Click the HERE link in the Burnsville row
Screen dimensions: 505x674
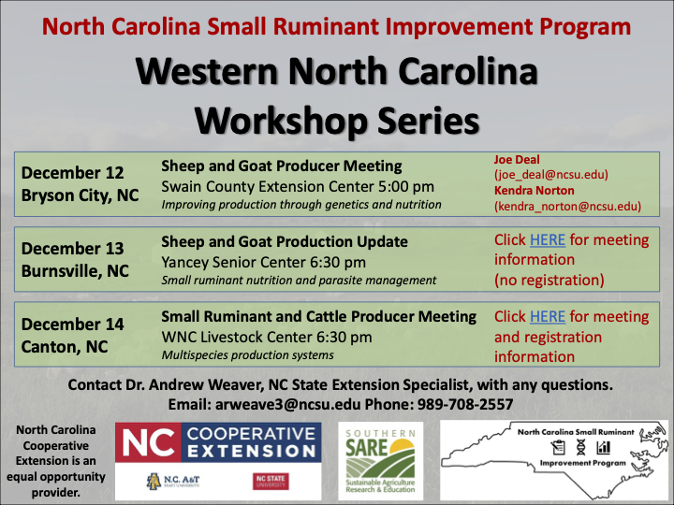[x=548, y=240]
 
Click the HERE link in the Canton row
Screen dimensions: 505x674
[x=548, y=317]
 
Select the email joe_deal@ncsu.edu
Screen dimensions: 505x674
[x=551, y=174]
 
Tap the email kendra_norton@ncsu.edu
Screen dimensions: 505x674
[x=567, y=206]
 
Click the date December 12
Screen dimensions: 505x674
[x=72, y=173]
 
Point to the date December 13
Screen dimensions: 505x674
[x=72, y=249]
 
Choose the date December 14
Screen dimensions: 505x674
[x=72, y=325]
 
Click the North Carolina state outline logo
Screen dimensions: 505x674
[x=555, y=458]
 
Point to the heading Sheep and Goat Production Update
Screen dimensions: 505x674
[x=285, y=241]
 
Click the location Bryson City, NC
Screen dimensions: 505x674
[x=80, y=196]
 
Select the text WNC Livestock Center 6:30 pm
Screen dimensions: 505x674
[x=267, y=337]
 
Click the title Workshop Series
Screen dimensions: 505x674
[x=336, y=119]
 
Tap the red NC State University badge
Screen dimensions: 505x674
[x=271, y=481]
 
